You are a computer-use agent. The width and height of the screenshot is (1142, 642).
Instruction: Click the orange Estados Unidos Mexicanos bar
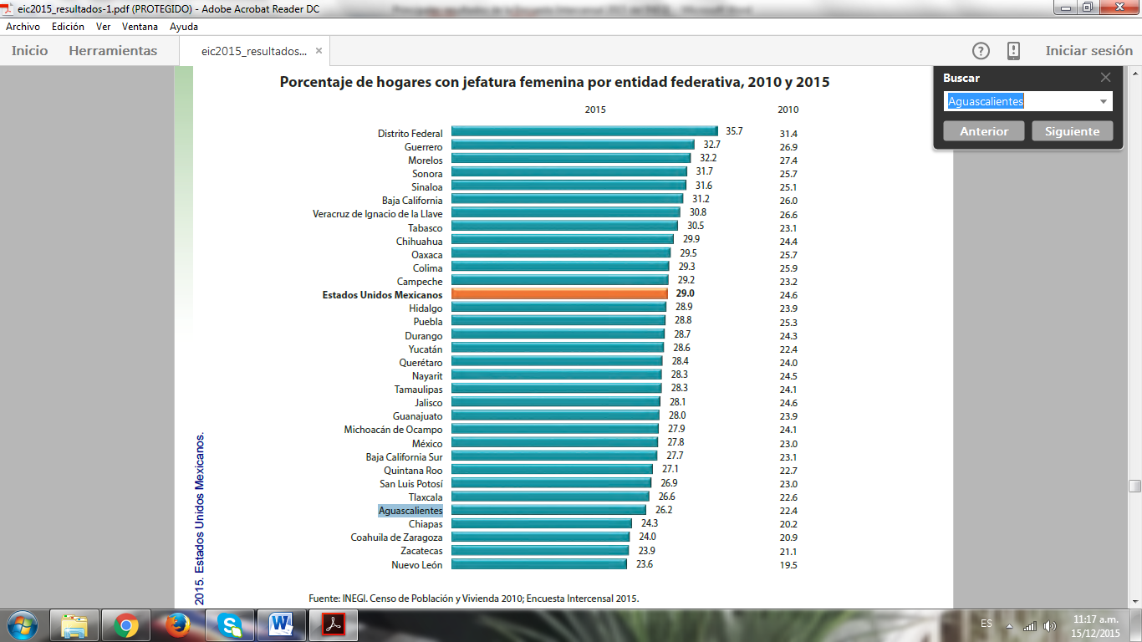click(559, 294)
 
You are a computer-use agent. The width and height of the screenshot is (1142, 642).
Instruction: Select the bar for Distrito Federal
click(584, 131)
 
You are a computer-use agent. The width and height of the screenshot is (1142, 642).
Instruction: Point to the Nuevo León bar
click(538, 564)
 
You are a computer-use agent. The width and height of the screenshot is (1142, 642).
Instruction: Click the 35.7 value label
click(734, 131)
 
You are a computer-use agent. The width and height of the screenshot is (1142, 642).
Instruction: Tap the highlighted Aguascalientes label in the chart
click(410, 511)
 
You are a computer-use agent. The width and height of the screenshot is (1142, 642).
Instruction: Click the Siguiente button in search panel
click(1072, 131)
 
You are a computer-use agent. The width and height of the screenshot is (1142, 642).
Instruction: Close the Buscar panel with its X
click(1105, 78)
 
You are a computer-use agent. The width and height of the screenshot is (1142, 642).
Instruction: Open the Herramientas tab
click(113, 51)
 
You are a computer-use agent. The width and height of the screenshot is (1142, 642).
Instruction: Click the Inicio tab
click(30, 51)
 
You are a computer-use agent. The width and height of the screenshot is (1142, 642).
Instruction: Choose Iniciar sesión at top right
click(1088, 51)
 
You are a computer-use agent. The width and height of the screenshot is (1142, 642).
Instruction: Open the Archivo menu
click(23, 27)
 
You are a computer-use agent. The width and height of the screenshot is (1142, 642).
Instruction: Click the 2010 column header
click(788, 110)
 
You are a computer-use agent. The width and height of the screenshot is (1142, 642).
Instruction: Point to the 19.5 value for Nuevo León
click(788, 565)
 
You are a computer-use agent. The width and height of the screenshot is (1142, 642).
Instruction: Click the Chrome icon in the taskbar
click(126, 625)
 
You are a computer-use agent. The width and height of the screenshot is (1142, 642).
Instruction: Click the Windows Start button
click(22, 625)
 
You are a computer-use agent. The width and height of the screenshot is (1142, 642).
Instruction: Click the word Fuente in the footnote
click(324, 599)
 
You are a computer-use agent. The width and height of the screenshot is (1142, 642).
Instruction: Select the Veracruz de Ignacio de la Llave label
click(378, 214)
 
